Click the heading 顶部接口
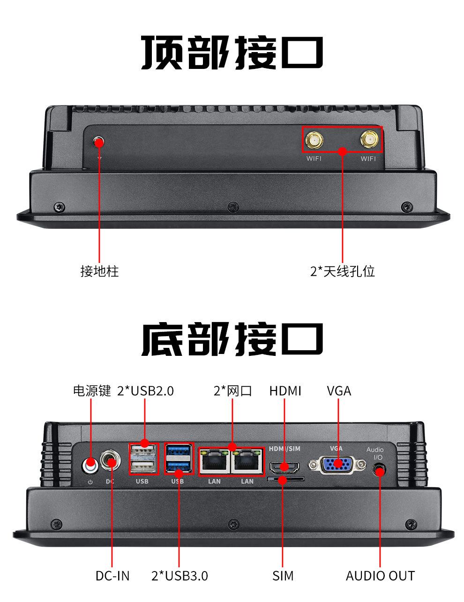[x=232, y=53]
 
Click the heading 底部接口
[x=232, y=339]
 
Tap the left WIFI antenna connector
[x=314, y=140]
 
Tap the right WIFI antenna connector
[x=369, y=140]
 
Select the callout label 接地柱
[x=99, y=271]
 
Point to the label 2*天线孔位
[x=343, y=271]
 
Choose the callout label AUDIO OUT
[x=380, y=575]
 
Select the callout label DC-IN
[x=112, y=575]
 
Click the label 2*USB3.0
[x=180, y=575]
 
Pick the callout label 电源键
[x=92, y=391]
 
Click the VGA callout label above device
[x=339, y=391]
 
